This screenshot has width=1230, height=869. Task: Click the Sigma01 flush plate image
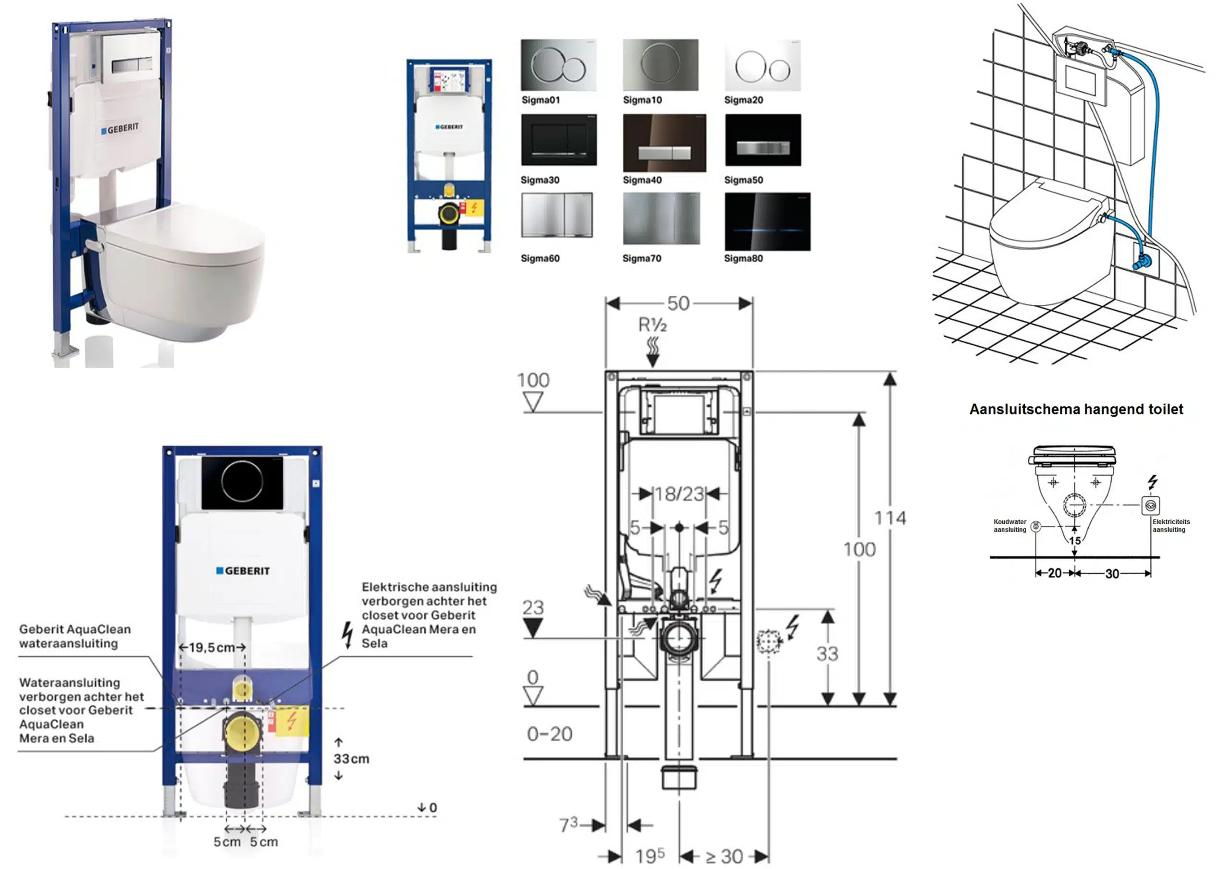[x=558, y=65]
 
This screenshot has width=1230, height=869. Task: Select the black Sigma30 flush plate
[x=558, y=139]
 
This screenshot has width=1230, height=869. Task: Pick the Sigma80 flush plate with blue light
[x=767, y=222]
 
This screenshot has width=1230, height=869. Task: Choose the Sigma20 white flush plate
[x=763, y=65]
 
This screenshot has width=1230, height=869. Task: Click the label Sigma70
[x=641, y=259]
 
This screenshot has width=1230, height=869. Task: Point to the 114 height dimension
[x=890, y=518]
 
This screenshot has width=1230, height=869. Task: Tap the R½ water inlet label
[x=652, y=325]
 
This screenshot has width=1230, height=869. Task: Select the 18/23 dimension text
[x=679, y=494]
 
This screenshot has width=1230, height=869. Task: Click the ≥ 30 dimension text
[x=724, y=856]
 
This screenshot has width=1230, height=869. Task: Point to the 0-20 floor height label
[x=550, y=734]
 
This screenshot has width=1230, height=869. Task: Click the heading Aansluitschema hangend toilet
[x=1076, y=410]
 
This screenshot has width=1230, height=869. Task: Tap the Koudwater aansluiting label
[x=1010, y=526]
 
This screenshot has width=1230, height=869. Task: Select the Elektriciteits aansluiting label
[x=1171, y=526]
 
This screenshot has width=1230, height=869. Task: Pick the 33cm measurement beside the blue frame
[x=351, y=759]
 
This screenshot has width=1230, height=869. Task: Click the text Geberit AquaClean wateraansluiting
[x=74, y=636]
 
